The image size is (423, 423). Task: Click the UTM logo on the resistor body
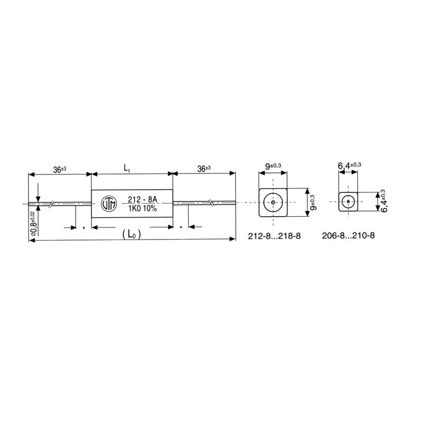point(107,204)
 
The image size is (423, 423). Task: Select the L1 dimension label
point(127,168)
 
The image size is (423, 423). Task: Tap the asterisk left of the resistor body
point(84,228)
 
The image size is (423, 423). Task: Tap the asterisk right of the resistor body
point(181,228)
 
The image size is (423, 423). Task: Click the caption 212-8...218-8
point(274,236)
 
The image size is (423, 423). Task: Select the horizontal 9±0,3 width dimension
point(273,166)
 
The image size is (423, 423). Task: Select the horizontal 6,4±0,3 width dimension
point(349,166)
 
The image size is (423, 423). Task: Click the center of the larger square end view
point(273,203)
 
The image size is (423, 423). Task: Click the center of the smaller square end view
point(349,202)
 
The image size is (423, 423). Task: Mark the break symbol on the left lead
point(51,204)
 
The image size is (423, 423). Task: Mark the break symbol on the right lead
point(211,203)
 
